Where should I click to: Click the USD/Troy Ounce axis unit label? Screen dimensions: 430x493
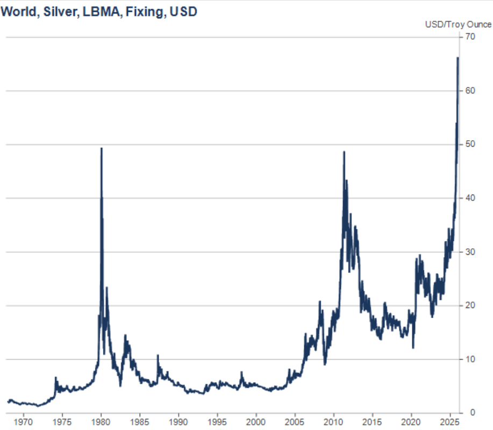[x=458, y=24]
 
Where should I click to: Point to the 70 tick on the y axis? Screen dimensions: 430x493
[x=470, y=37]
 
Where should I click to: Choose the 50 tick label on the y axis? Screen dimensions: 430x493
[x=470, y=144]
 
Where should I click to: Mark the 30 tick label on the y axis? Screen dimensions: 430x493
[x=470, y=252]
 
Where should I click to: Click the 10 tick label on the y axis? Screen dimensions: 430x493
[x=470, y=359]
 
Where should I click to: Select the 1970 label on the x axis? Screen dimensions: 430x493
[x=23, y=421]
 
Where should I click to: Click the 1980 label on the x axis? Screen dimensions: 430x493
[x=101, y=421]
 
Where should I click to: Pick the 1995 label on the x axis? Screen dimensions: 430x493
[x=217, y=421]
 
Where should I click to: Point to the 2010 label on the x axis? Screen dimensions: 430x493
[x=334, y=421]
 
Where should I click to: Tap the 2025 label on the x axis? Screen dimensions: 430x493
[x=451, y=421]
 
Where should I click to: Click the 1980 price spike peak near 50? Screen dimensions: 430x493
[x=102, y=148]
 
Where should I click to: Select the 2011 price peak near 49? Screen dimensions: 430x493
[x=344, y=152]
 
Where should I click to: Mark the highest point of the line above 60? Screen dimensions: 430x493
[x=458, y=58]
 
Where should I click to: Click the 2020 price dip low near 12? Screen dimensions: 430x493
[x=413, y=347]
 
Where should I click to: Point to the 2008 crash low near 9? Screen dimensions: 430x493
[x=325, y=364]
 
